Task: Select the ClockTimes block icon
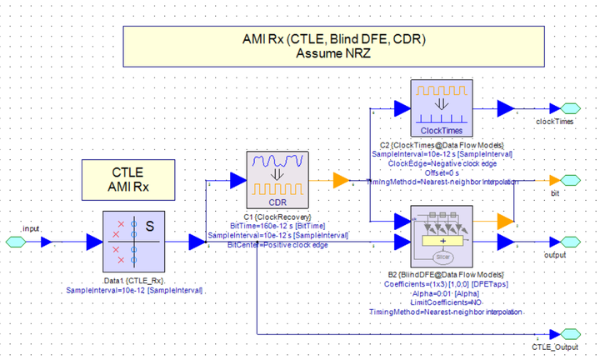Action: coord(442,108)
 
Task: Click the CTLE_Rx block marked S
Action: coord(136,241)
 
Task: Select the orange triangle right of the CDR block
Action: coord(341,180)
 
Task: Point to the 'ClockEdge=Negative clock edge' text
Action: coord(441,163)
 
